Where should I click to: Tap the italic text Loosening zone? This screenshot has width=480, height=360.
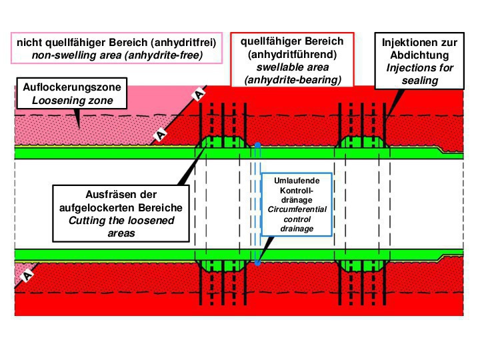tap(57, 101)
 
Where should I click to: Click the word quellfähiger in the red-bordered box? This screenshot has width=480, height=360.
tap(269, 42)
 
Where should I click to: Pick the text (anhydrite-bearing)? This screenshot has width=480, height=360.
tap(293, 80)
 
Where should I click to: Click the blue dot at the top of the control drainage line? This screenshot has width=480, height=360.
tap(257, 143)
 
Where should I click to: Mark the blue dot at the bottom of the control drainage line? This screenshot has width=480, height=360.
tap(257, 263)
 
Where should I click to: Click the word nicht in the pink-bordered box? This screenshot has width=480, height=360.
tap(29, 43)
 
